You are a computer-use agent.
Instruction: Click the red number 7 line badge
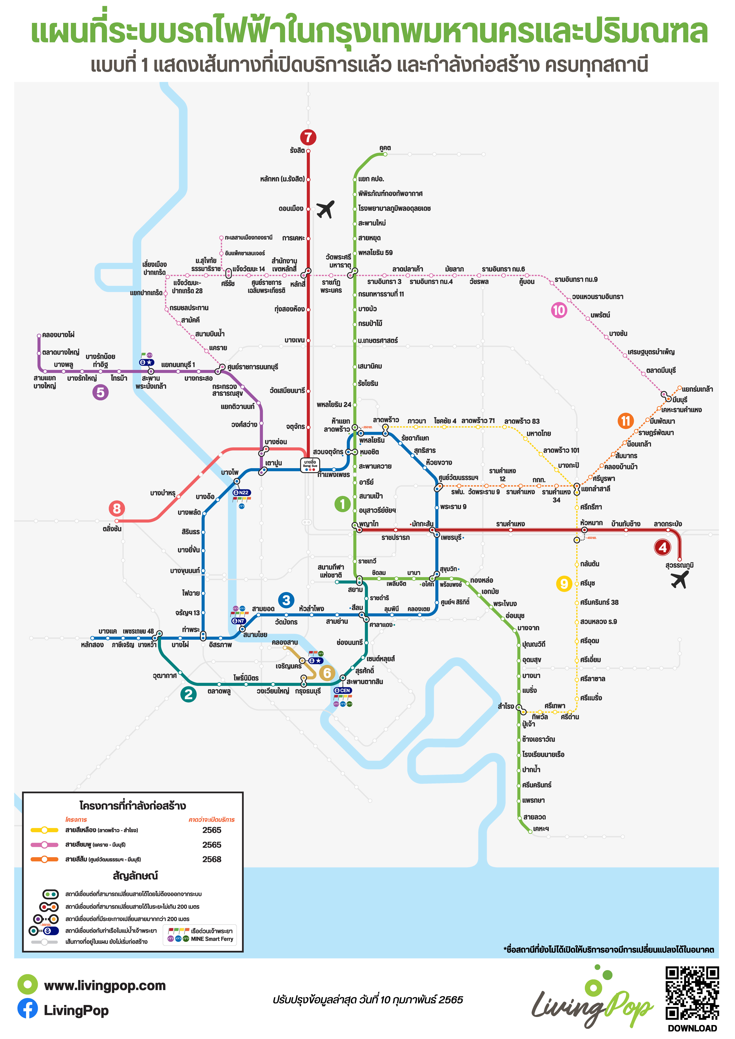(x=308, y=137)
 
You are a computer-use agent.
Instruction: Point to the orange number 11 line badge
(x=625, y=421)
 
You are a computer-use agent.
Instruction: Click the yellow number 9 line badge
(x=564, y=584)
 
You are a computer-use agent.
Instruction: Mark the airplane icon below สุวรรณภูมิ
(x=680, y=580)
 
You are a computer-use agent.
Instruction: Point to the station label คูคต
(x=385, y=148)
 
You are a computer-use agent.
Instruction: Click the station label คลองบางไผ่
(x=58, y=335)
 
